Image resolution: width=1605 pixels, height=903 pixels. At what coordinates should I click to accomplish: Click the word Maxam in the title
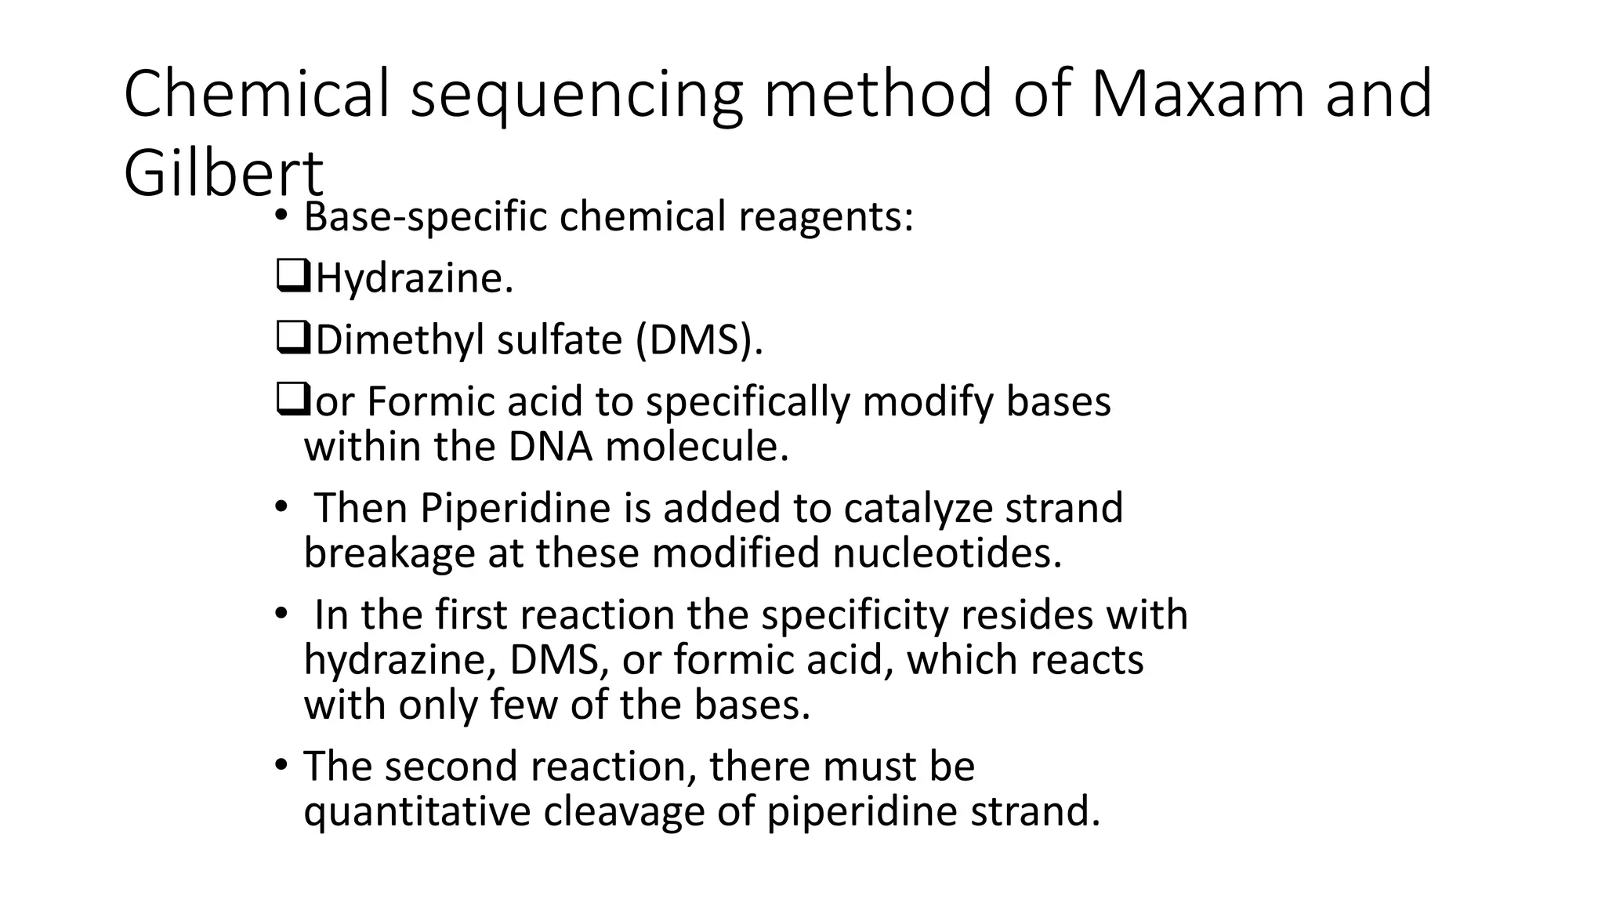click(x=1196, y=94)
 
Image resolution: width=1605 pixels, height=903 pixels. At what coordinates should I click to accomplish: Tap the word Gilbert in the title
click(x=223, y=173)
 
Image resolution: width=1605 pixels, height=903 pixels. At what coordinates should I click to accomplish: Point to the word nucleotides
click(x=947, y=553)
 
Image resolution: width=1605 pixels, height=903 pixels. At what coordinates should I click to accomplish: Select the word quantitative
click(x=417, y=811)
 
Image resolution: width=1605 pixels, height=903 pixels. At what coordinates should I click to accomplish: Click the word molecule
click(x=697, y=447)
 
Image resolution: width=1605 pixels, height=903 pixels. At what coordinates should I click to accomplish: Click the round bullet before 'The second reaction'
click(x=281, y=765)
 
